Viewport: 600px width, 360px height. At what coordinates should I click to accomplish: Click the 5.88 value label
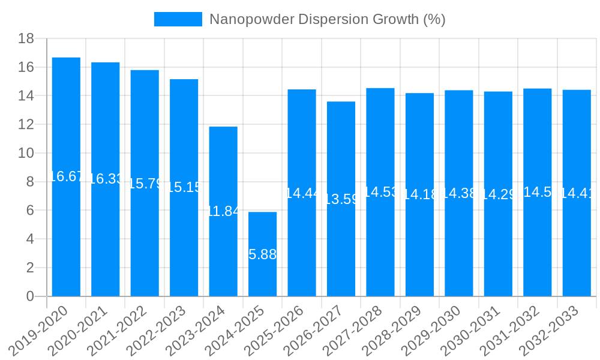click(262, 254)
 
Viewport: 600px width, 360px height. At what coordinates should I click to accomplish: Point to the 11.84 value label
click(223, 211)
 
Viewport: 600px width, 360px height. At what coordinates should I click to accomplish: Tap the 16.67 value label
click(66, 176)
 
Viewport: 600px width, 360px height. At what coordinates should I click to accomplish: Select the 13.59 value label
click(341, 199)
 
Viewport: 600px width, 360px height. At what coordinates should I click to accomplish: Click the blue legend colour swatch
click(178, 19)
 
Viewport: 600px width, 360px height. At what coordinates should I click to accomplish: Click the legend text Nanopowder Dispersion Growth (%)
click(327, 19)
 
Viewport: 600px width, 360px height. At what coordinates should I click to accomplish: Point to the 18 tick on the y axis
click(26, 38)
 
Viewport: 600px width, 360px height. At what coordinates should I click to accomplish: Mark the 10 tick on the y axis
click(26, 153)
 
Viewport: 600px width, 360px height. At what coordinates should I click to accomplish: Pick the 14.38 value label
click(459, 193)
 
